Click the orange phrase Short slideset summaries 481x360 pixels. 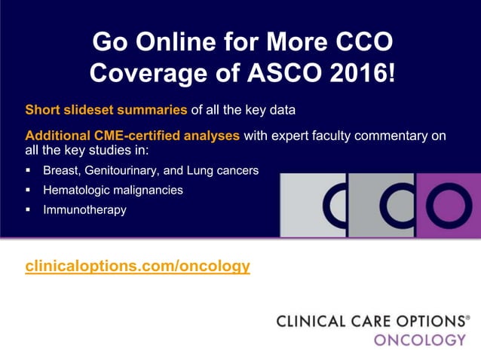click(x=106, y=110)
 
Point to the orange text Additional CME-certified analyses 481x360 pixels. click(x=133, y=136)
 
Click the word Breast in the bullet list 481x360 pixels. click(x=60, y=170)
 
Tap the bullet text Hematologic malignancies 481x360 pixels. click(x=112, y=191)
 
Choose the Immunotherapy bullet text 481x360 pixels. click(x=84, y=210)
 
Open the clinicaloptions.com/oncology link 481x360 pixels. click(x=138, y=266)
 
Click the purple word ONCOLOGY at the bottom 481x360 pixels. click(x=420, y=340)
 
